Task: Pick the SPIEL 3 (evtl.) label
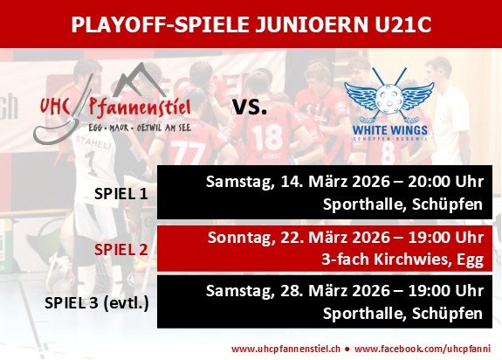96,303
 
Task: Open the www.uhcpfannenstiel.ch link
285,349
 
